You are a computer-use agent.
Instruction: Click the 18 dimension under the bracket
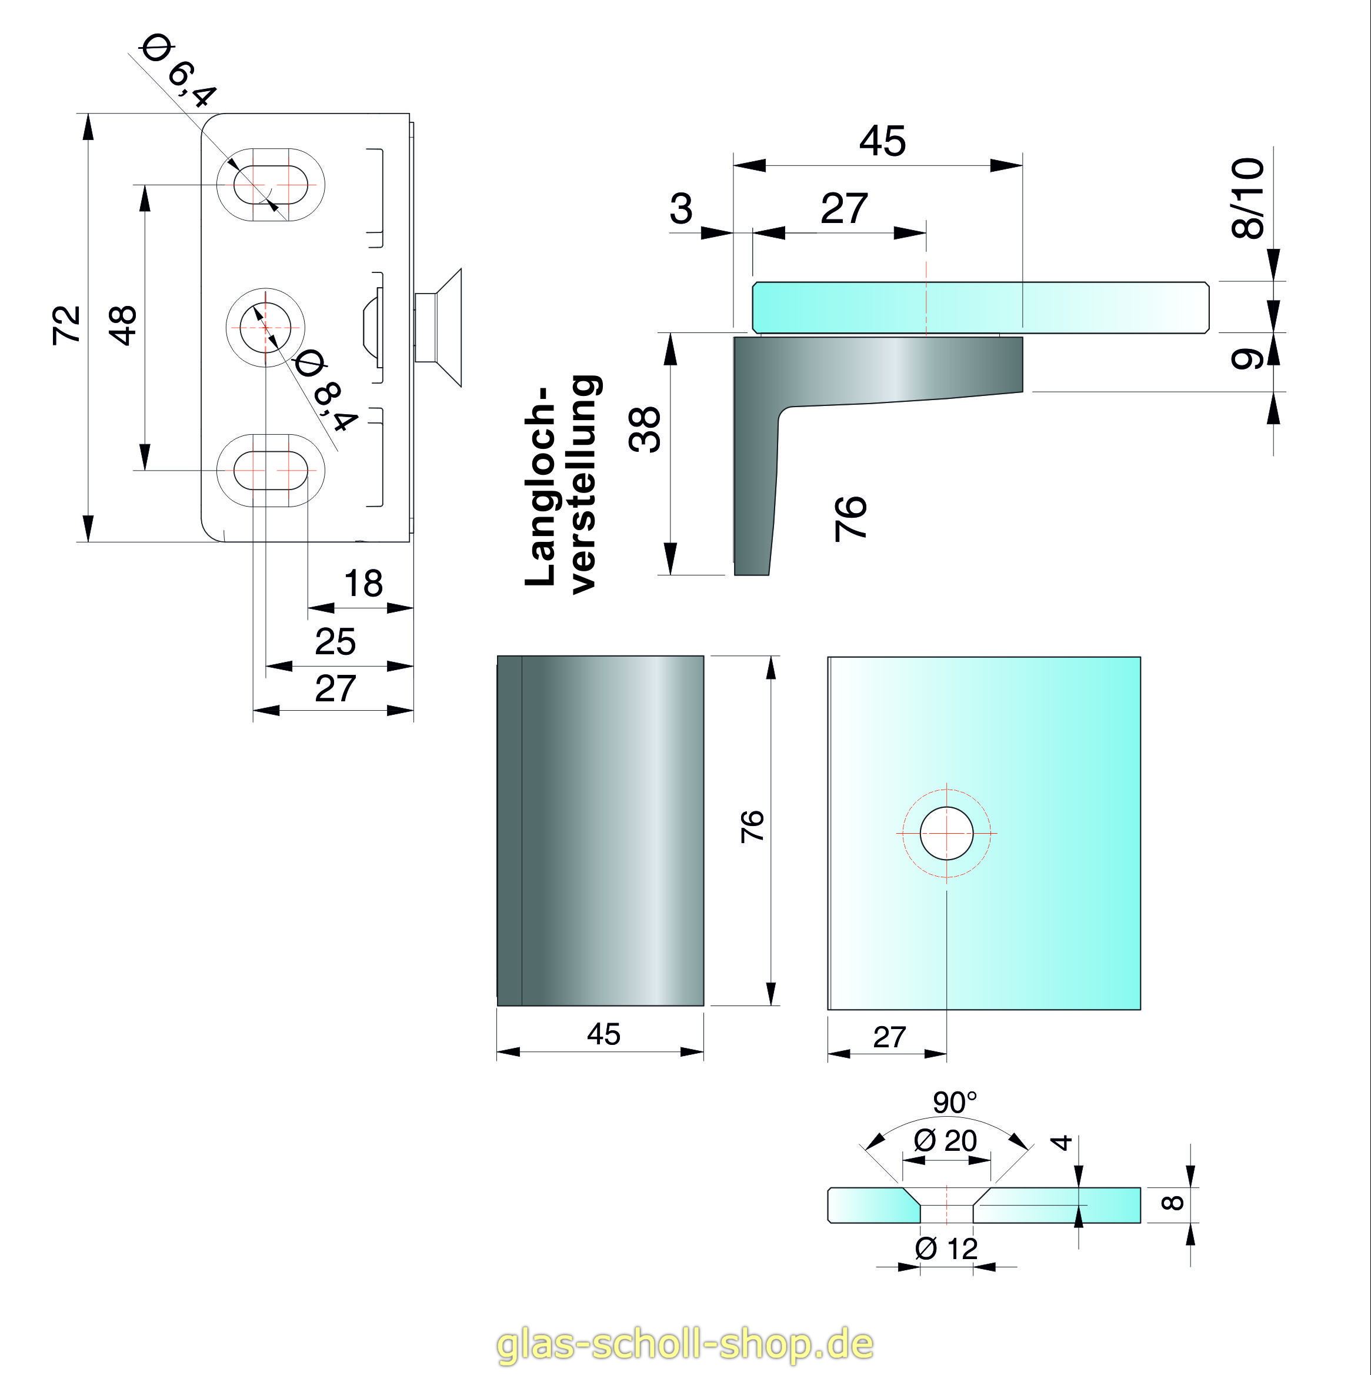coord(363,584)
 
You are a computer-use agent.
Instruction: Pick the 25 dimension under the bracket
coord(335,642)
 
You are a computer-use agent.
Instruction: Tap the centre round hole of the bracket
coord(265,327)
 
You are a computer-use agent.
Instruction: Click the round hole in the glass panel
coord(947,833)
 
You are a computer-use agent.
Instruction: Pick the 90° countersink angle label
coord(955,1103)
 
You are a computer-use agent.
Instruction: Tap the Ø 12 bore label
coord(946,1249)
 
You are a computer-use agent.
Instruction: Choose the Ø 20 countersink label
coord(946,1141)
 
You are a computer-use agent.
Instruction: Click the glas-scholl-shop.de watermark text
coord(685,1344)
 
